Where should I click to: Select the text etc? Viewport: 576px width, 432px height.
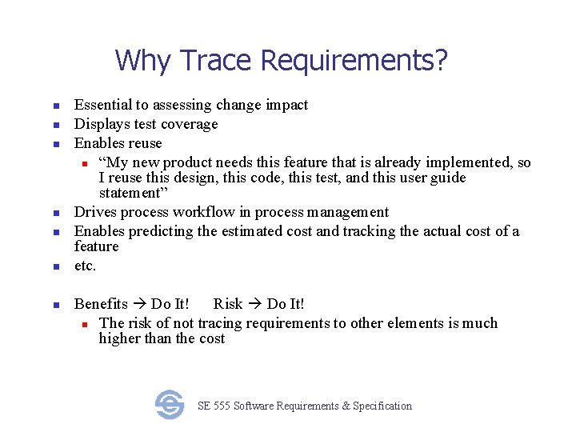pos(85,266)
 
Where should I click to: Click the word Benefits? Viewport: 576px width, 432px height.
pos(101,304)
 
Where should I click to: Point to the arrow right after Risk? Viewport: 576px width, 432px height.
pos(255,304)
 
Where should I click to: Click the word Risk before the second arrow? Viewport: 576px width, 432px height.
pos(228,304)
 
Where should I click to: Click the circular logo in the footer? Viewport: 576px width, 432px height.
pos(170,405)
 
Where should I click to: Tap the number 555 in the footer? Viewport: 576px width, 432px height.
pos(223,406)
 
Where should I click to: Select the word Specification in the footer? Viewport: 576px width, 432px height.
pos(382,406)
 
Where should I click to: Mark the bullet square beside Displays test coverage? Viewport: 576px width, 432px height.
pos(57,125)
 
